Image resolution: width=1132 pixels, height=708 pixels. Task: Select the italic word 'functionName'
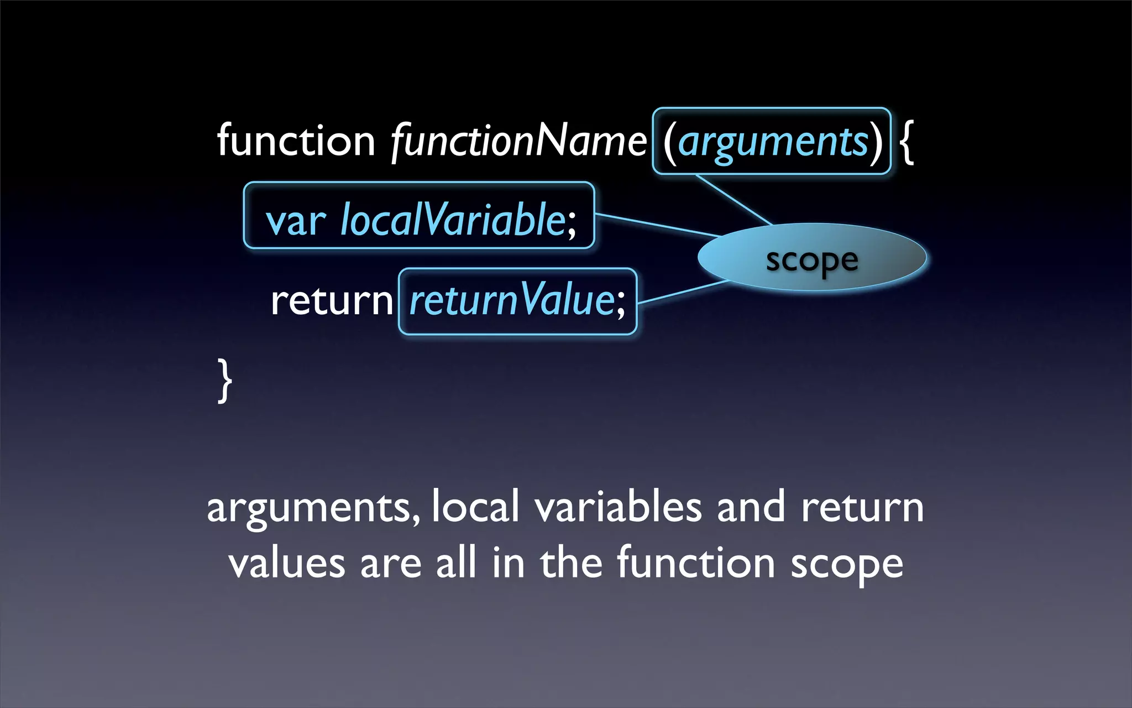[x=518, y=142]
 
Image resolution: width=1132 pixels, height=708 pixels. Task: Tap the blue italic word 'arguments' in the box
[x=773, y=142]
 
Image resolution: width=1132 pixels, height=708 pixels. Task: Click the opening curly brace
[x=907, y=143]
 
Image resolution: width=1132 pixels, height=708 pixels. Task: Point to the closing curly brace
[x=224, y=380]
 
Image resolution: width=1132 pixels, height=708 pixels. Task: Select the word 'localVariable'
[x=452, y=220]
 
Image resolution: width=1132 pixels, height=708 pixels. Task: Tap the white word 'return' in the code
[x=331, y=301]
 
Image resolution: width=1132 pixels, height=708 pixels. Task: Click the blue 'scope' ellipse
[x=811, y=258]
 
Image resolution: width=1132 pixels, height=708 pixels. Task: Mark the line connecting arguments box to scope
[x=733, y=200]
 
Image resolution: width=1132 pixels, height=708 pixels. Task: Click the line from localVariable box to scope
[x=658, y=225]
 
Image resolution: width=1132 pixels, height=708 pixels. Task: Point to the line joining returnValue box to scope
[x=683, y=292]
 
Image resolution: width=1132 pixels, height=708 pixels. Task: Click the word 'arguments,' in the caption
[x=313, y=508]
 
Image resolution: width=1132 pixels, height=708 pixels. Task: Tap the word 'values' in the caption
[x=286, y=564]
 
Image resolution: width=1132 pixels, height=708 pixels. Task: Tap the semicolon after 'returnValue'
[x=621, y=305]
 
